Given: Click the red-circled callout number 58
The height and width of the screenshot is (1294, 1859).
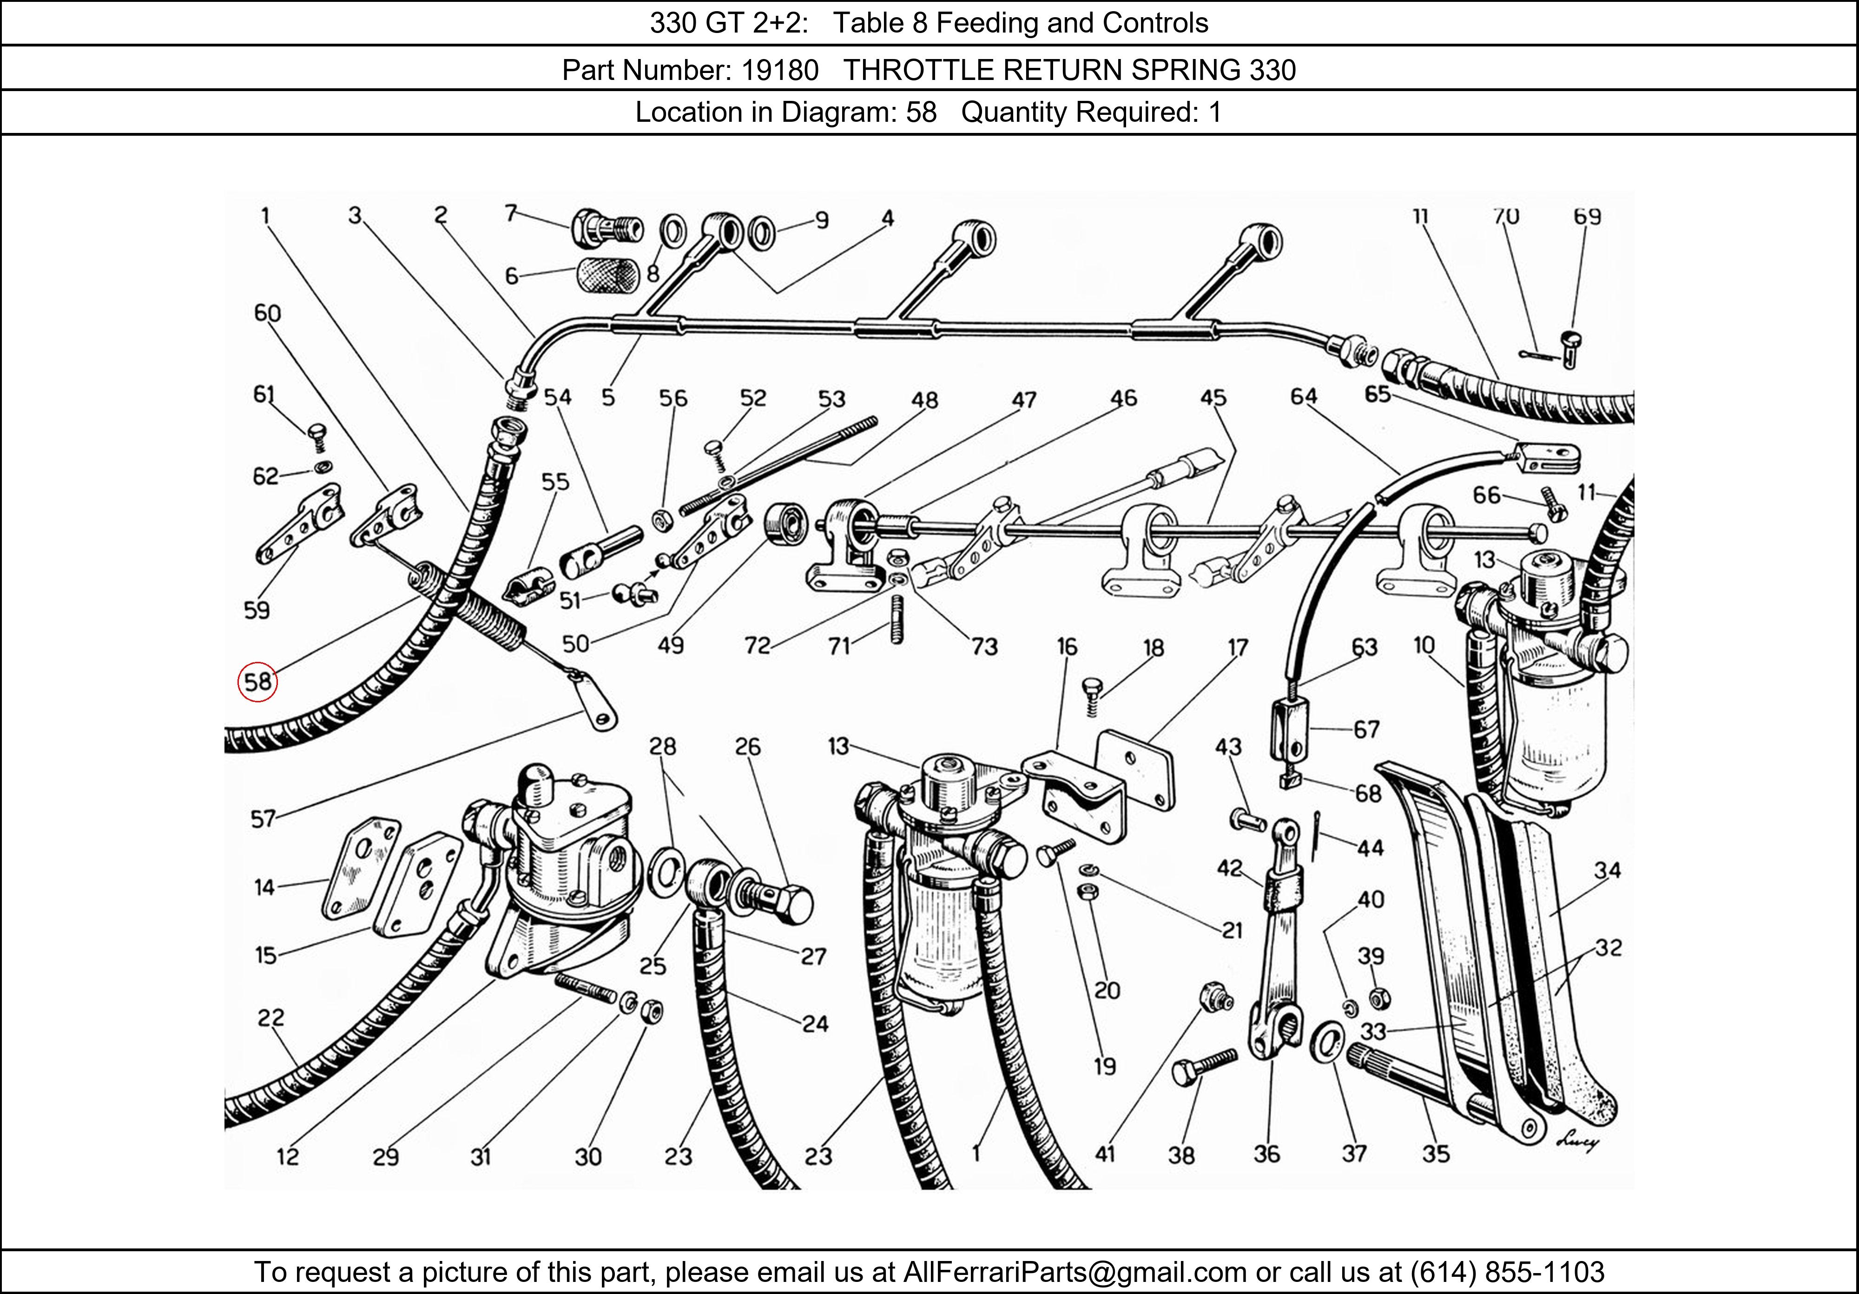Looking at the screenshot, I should (257, 682).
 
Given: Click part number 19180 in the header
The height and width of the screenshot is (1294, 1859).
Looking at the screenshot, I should (780, 71).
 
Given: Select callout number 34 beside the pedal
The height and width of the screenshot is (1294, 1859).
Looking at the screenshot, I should (1607, 871).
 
